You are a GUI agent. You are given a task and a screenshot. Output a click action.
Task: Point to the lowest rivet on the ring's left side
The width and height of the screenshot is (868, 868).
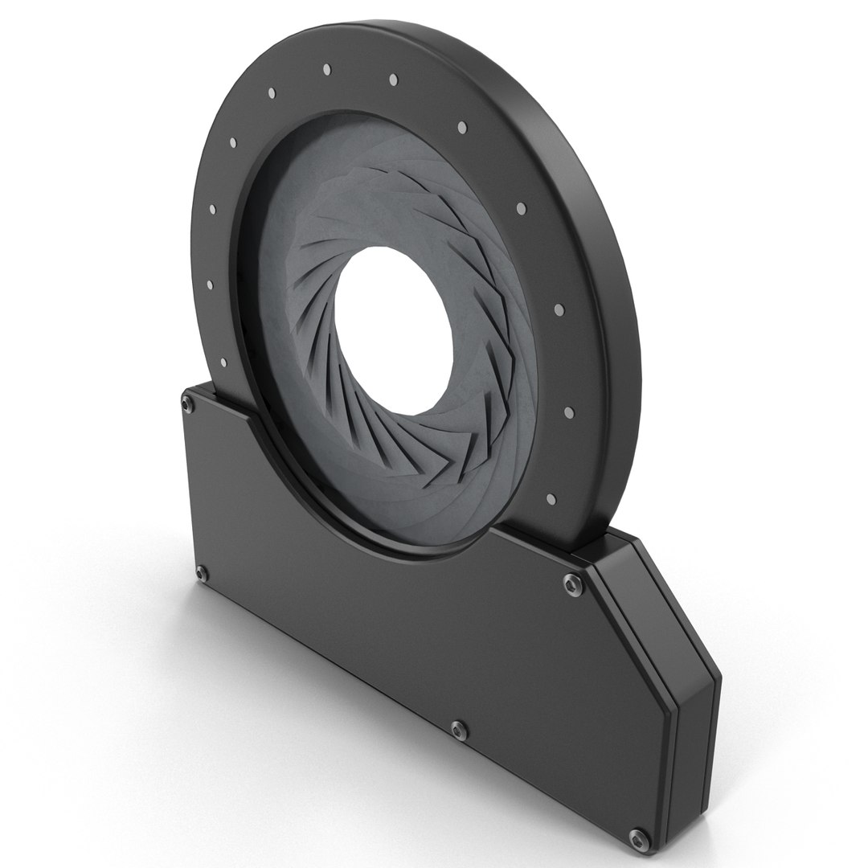tap(211, 285)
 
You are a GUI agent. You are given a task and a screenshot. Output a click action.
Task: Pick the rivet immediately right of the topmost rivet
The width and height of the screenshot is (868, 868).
tap(394, 80)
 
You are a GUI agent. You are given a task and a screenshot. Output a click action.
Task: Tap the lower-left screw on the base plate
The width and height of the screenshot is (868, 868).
tap(202, 572)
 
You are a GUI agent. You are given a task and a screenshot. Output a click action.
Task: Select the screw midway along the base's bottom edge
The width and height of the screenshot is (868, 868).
tap(457, 728)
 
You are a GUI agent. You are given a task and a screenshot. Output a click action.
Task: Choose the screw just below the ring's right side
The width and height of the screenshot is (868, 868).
tap(571, 581)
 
